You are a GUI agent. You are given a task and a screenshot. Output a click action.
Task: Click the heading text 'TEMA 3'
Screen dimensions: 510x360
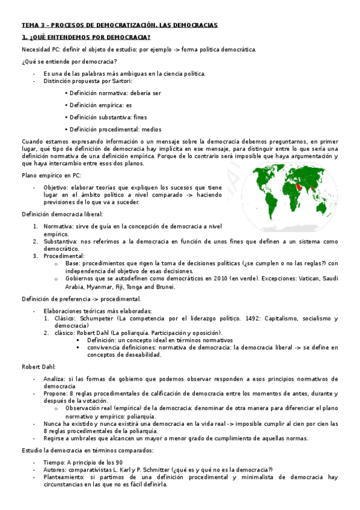pos(33,25)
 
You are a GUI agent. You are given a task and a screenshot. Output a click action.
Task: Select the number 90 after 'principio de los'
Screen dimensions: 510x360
pos(119,461)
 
